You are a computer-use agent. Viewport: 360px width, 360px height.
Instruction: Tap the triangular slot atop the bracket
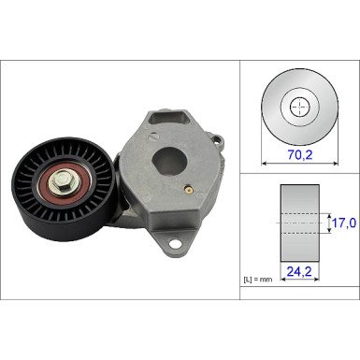[x=171, y=118]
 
